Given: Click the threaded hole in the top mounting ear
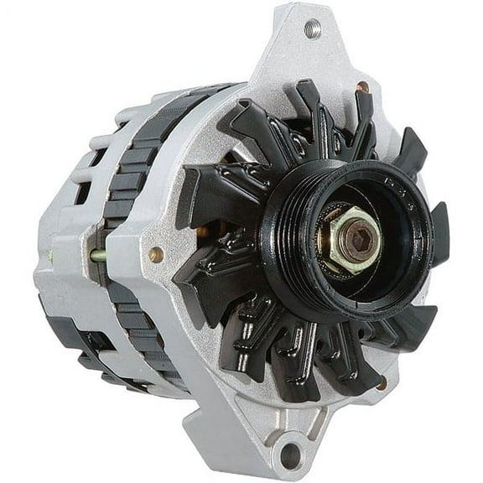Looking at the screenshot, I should (x=312, y=29).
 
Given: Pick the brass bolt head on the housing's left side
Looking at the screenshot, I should (x=155, y=254).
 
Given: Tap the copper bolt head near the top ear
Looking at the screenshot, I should (x=362, y=87).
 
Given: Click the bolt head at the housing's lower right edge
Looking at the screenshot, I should (x=382, y=383).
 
